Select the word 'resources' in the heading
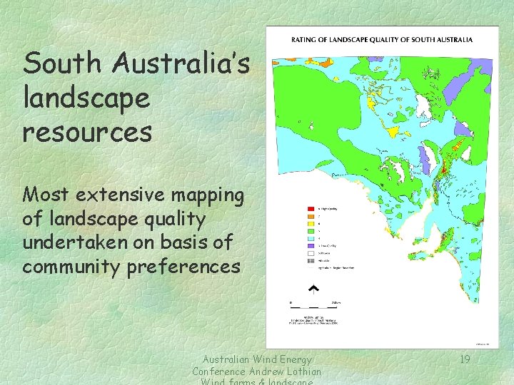point(87,132)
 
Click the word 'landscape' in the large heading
point(86,98)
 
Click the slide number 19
point(464,359)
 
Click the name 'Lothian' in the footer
point(298,371)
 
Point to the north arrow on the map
point(312,289)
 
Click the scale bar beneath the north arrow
point(314,304)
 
